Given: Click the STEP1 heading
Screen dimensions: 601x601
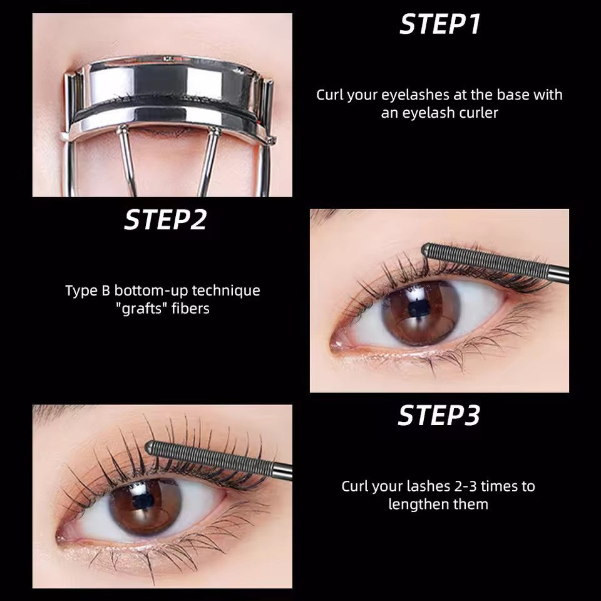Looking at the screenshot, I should [x=439, y=24].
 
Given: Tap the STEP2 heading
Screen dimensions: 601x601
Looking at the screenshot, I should [x=166, y=220].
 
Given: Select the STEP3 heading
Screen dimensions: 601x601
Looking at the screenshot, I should [x=439, y=416].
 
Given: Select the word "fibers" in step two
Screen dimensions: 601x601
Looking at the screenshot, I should [x=187, y=309].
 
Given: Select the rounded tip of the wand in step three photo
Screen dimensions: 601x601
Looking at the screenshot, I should [x=150, y=447].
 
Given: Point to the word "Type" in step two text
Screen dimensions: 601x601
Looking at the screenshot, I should [x=80, y=291].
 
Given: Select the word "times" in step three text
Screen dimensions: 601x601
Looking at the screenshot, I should [x=500, y=486].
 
